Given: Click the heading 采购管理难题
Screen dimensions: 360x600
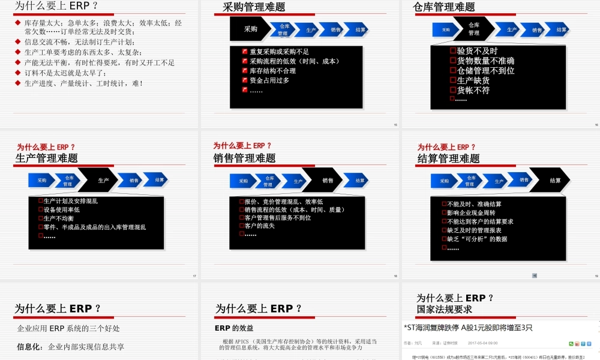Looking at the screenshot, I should tap(254, 7).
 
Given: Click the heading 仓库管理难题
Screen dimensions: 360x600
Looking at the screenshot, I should tap(444, 7).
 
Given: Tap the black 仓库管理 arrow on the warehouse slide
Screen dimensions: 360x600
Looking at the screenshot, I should tap(474, 29).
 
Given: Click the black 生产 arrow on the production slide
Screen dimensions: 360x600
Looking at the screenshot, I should tap(103, 180).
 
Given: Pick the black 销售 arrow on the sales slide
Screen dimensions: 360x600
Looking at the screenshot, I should tap(328, 180).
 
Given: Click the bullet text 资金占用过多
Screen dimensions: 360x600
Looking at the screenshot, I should tap(269, 80).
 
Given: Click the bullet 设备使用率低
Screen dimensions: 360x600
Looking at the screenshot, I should tap(62, 210).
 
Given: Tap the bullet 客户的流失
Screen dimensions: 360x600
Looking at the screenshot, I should tap(260, 226).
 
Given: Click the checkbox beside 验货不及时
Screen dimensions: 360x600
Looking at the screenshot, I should tap(453, 51).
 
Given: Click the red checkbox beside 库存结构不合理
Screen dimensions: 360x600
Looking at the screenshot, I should tap(245, 71).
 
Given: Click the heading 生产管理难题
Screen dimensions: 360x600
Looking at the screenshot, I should tap(47, 158).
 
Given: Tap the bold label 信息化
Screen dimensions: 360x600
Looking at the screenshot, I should tap(29, 346).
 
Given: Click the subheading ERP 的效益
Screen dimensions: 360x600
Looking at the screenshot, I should tap(234, 328).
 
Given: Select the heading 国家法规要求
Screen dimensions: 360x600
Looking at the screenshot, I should tap(444, 310).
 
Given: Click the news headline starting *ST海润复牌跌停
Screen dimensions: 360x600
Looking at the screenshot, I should tap(468, 328).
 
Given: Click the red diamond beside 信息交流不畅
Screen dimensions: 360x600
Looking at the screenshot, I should tap(18, 42).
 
